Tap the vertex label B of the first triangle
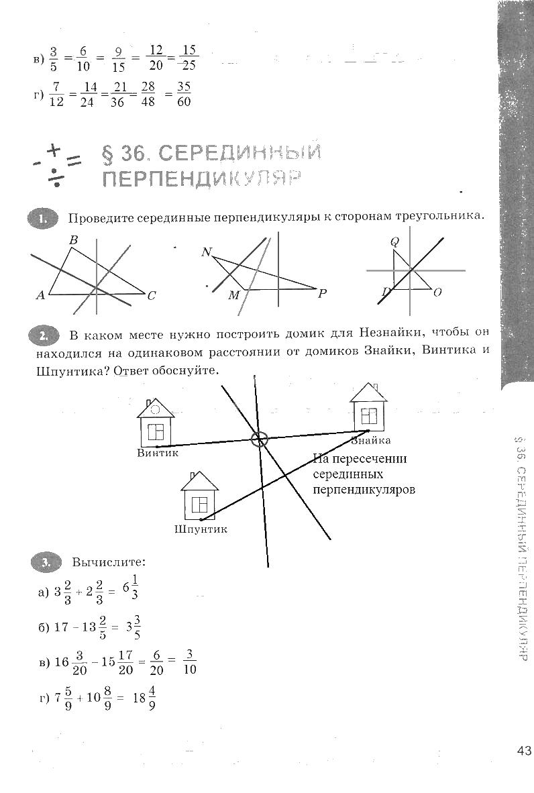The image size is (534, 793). (x=73, y=240)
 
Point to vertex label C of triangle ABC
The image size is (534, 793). (x=152, y=295)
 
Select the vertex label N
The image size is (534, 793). (x=206, y=252)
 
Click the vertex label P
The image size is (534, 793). (x=322, y=293)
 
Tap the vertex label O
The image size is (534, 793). (x=437, y=293)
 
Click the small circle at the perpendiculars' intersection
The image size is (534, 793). (x=259, y=439)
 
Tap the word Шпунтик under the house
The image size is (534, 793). (x=201, y=529)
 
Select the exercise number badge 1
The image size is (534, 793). (x=44, y=218)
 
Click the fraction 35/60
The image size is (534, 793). (x=184, y=95)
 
